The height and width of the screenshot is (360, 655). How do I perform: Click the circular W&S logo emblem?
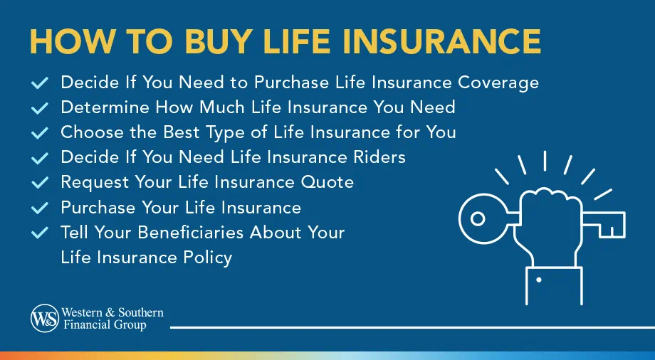45,318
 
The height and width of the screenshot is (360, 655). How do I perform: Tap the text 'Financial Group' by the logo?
104,325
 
